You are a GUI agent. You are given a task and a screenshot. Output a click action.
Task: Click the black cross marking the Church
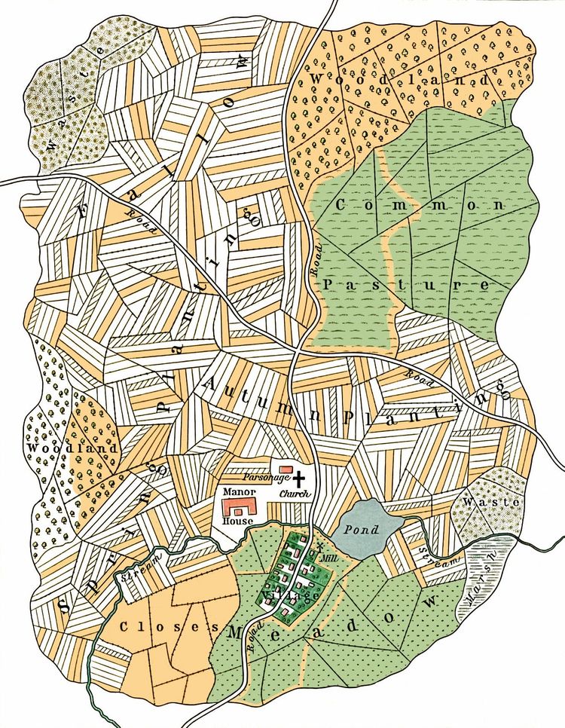click(303, 478)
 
